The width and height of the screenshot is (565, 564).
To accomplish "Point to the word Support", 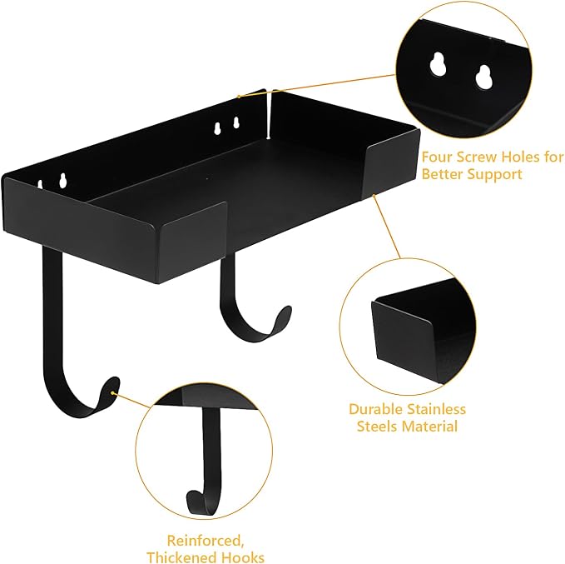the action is (494, 175).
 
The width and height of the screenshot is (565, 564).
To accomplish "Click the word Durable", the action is (376, 409).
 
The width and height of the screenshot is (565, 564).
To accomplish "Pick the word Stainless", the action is (437, 409).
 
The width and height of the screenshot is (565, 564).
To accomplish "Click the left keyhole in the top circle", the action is (439, 64).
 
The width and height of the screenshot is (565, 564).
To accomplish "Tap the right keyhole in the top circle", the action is (483, 77).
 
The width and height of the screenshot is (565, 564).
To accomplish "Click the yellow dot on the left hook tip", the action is (112, 392).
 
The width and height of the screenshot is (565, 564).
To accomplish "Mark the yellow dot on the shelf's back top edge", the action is (239, 97).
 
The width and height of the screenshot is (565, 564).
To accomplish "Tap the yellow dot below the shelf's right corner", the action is (374, 195).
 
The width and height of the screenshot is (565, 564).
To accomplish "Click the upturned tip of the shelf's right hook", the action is (285, 311).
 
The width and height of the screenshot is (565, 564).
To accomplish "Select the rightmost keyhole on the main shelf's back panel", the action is (236, 122).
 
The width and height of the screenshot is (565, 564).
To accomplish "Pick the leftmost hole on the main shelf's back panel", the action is (40, 184).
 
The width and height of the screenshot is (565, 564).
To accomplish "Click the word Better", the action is (442, 175).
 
